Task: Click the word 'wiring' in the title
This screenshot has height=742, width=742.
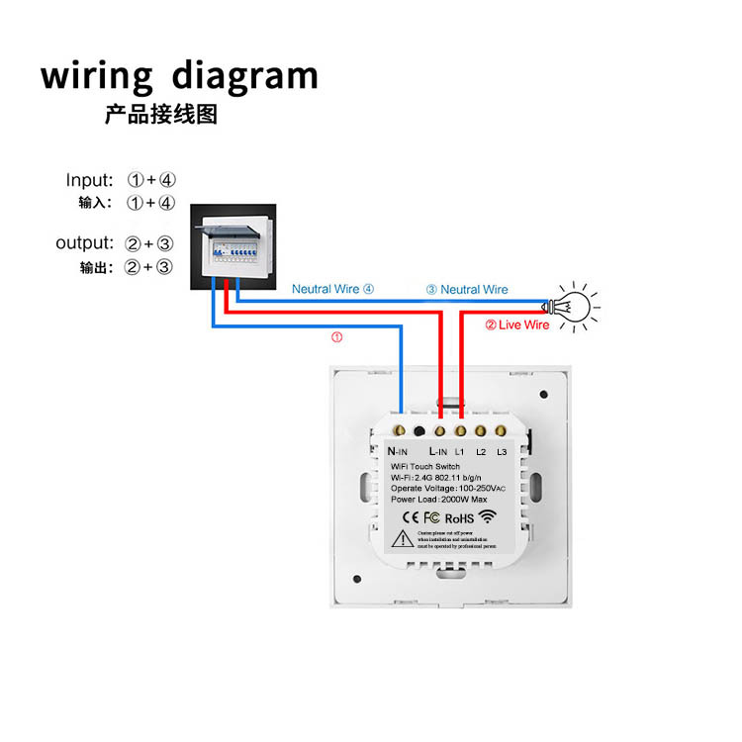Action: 97,77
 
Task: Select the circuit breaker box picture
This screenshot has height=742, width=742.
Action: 232,248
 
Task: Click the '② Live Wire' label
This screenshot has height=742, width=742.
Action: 516,325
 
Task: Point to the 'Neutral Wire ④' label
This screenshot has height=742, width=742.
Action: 333,290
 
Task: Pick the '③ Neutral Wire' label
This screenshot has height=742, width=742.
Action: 467,290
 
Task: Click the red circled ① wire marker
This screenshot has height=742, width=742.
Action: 336,337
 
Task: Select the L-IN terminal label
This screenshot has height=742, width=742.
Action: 438,451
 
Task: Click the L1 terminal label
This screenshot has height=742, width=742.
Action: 461,451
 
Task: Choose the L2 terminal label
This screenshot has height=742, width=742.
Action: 481,451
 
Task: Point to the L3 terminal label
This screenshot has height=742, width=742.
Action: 503,451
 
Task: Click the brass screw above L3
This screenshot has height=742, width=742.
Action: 502,431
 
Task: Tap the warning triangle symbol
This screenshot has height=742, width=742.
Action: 404,538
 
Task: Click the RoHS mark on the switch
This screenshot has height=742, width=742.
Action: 460,516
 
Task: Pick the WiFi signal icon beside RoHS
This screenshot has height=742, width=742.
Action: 492,515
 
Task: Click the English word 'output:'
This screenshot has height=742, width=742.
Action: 85,243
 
